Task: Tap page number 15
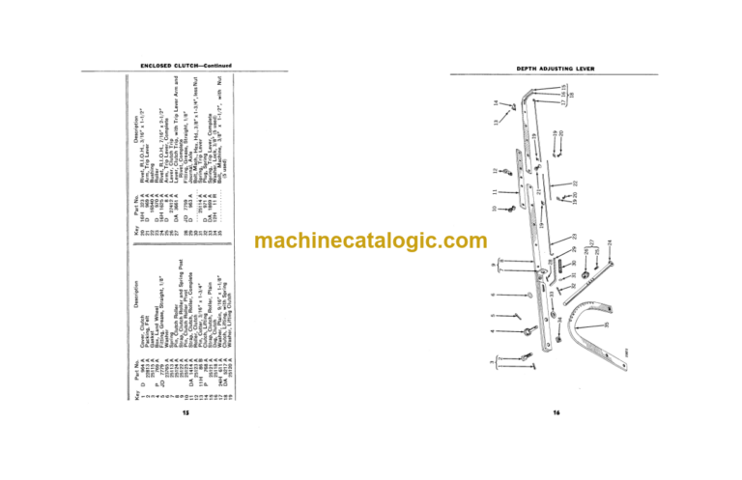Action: tap(185, 413)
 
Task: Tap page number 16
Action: tap(556, 413)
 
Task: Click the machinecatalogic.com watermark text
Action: tap(371, 240)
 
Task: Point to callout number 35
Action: tap(606, 325)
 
